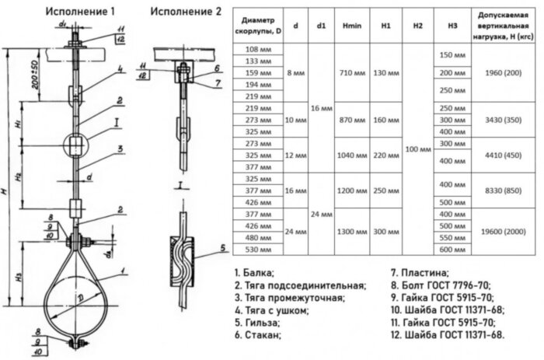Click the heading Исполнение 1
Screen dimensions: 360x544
pos(80,12)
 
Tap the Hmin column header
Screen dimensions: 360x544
pos(347,26)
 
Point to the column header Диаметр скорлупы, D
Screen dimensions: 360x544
pos(258,26)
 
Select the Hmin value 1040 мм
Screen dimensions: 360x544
pos(347,155)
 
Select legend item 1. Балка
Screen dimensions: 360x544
pos(256,273)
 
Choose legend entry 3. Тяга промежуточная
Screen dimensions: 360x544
pos(288,298)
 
